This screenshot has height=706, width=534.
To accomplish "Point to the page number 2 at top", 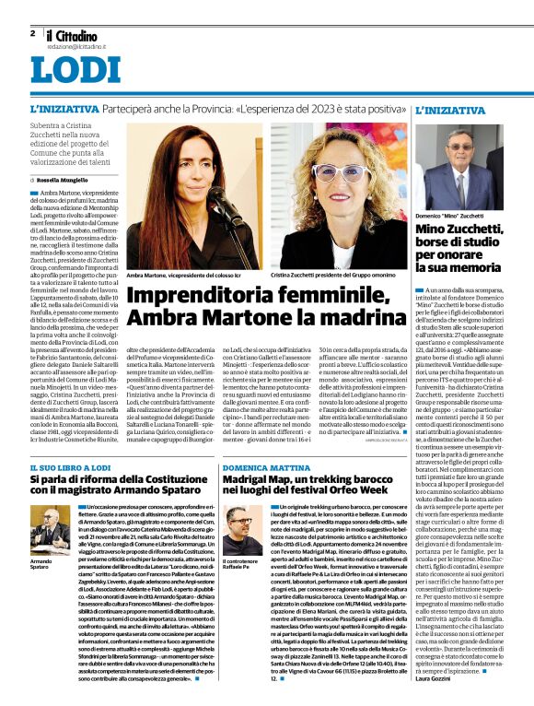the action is tap(32, 33).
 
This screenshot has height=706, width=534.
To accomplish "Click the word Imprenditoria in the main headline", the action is tap(198, 297).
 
